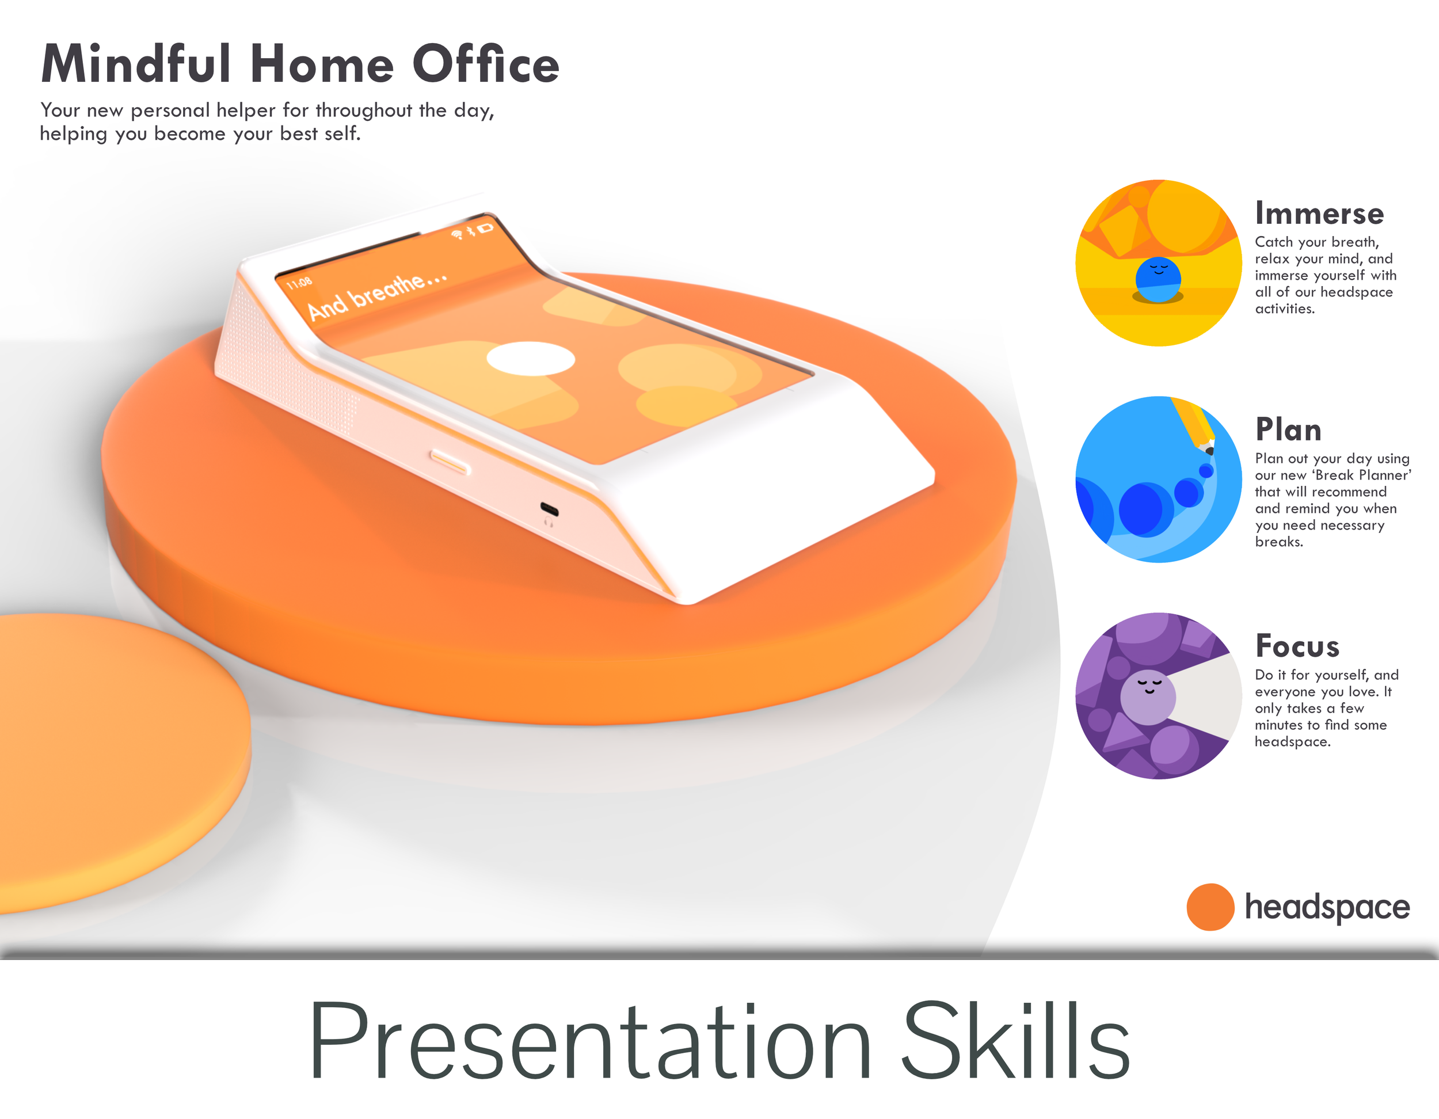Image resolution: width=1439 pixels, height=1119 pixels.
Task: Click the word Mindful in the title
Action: tap(135, 64)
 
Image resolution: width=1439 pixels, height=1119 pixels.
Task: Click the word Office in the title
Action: tap(486, 64)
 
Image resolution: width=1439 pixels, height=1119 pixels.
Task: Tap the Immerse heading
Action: tap(1319, 214)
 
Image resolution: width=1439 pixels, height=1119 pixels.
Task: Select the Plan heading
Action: tap(1288, 429)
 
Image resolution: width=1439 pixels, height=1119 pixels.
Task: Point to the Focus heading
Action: tap(1297, 646)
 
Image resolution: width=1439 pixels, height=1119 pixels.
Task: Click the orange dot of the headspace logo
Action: tap(1210, 907)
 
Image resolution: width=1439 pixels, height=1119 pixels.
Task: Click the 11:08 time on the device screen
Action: tap(299, 283)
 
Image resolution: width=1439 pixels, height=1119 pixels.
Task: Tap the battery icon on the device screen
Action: tap(486, 228)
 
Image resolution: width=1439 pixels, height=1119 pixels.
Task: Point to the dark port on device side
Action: tap(549, 509)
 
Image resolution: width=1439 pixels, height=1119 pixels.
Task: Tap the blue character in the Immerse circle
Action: tap(1158, 280)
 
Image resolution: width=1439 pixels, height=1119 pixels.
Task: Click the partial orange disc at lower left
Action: tap(112, 758)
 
